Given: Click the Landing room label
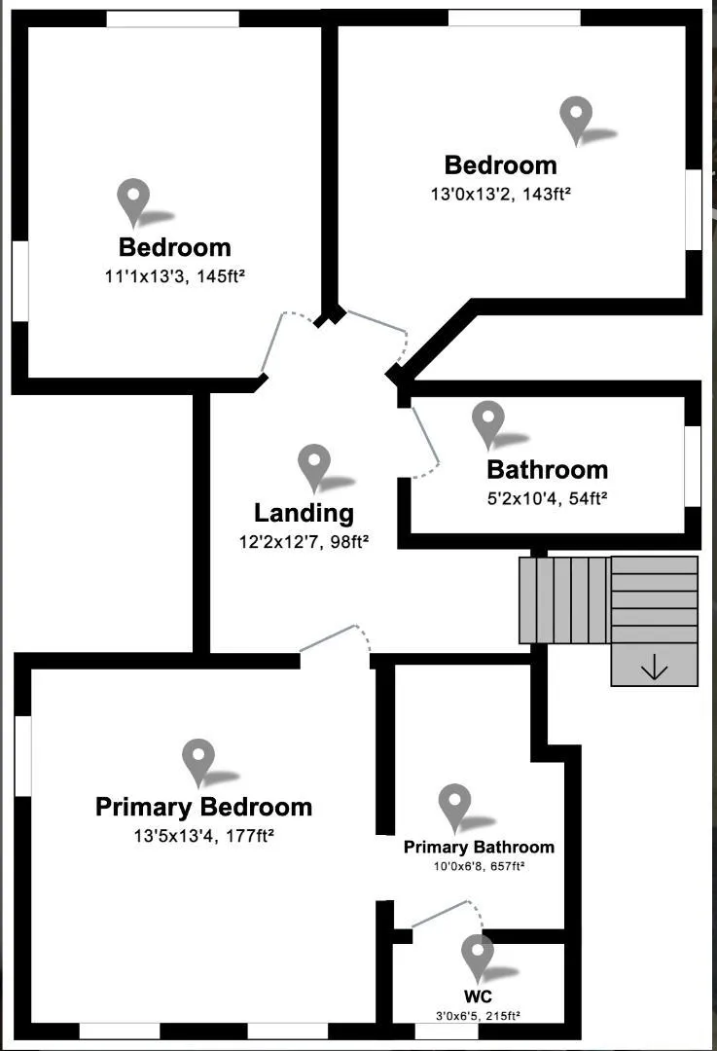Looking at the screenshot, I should tap(304, 513).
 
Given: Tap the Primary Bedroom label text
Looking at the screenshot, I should tap(203, 807).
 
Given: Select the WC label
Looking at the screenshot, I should tap(478, 997).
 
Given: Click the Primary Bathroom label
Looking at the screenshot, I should tap(479, 847).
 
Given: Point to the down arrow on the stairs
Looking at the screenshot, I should tap(654, 668).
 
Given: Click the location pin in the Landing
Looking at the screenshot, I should tap(314, 466).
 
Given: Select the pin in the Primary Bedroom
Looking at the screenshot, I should tap(198, 761).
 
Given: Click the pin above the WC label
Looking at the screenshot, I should tap(477, 957).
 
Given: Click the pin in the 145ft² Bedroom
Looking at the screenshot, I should tap(133, 201).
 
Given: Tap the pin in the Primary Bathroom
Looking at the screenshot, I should tap(454, 806).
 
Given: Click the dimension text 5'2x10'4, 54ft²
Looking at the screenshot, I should tap(547, 498).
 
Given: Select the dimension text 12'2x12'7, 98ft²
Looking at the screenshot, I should tap(304, 542).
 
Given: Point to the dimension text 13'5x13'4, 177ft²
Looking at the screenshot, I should tap(203, 835).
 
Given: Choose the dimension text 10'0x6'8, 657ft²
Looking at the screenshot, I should tap(479, 865).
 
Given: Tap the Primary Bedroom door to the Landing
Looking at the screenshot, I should tap(336, 639).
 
